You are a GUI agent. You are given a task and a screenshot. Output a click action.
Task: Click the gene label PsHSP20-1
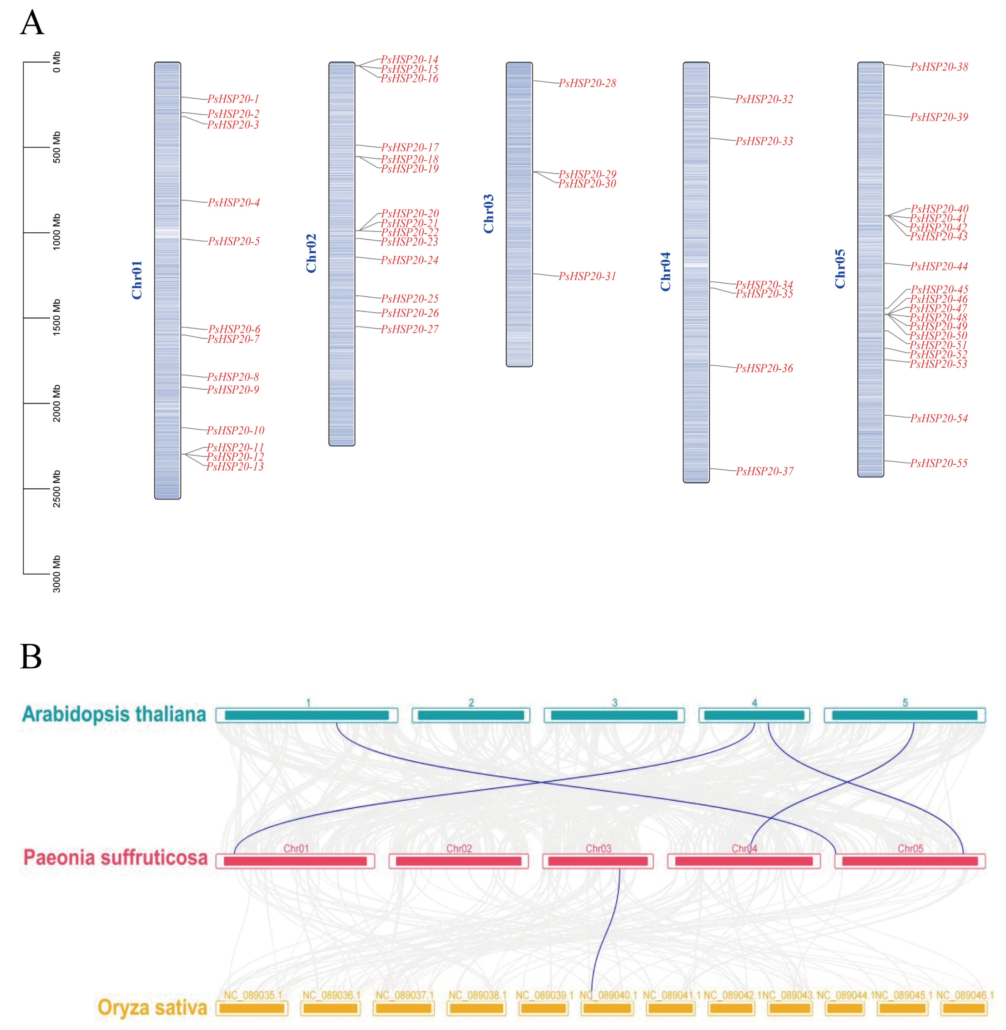coord(233,99)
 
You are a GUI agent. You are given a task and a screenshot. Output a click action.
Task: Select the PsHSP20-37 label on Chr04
coord(764,471)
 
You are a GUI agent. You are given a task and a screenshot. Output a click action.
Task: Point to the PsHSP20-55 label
coord(939,463)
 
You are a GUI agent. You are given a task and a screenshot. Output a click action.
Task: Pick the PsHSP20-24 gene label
coord(409,260)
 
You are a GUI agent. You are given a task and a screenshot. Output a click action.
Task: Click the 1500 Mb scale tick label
coord(57,317)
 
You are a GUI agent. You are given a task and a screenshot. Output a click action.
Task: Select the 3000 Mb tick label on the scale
coord(57,574)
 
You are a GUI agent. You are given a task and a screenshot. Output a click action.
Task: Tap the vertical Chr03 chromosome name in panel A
coord(489,213)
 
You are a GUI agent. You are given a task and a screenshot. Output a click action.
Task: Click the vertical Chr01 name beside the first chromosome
coord(137,280)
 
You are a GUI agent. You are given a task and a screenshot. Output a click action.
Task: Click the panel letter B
coord(31,657)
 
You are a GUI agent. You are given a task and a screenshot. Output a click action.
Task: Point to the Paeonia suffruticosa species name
coord(115,857)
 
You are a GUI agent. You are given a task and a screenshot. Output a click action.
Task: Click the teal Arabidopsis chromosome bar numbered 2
coord(471,715)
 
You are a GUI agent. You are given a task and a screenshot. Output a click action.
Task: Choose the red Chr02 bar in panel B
coord(458,861)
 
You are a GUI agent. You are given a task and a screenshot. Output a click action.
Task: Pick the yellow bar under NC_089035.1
coord(252,1008)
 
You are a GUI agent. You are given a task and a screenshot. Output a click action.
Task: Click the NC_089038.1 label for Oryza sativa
coord(477,995)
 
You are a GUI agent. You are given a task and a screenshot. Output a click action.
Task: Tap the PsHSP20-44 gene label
coord(939,266)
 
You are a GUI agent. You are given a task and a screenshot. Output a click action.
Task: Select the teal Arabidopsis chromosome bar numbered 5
coord(905,715)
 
